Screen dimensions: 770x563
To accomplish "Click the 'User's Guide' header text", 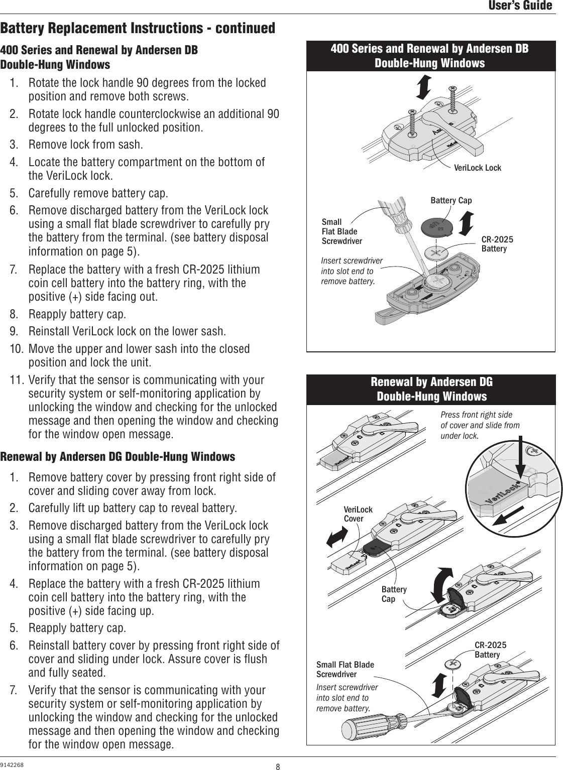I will [x=520, y=6].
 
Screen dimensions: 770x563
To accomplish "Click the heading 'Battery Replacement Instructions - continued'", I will [x=138, y=28].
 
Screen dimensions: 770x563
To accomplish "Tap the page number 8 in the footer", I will [x=278, y=766].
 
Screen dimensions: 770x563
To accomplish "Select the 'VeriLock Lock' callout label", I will [x=477, y=168].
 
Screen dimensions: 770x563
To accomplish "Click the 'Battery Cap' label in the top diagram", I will [x=451, y=201].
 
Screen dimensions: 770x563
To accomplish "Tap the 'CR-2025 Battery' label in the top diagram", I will [x=497, y=244].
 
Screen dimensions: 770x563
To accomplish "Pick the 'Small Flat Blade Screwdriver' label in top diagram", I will [x=342, y=231].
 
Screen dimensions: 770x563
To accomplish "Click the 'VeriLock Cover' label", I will [x=358, y=514].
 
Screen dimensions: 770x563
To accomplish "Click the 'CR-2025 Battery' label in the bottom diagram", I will [x=490, y=650].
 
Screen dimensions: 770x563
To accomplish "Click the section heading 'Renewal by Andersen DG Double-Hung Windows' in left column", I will [x=118, y=457].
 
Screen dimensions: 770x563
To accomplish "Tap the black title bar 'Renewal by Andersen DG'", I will [x=431, y=389].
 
